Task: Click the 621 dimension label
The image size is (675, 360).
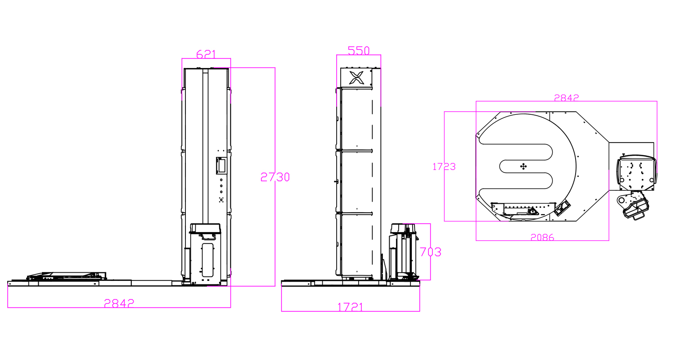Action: click(206, 54)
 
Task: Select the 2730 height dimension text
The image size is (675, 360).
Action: click(275, 177)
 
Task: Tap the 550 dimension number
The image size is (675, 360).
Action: click(359, 50)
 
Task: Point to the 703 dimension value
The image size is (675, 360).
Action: click(431, 252)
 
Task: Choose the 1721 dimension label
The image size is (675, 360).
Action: click(351, 307)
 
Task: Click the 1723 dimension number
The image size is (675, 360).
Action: click(444, 166)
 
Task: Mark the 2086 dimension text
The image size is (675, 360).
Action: click(542, 238)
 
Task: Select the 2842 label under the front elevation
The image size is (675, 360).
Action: click(119, 303)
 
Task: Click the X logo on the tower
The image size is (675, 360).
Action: click(356, 78)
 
